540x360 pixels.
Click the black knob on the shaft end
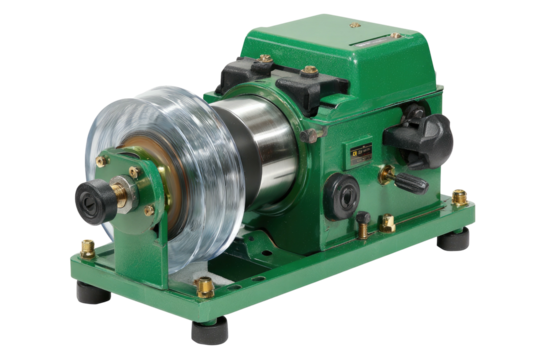[x=91, y=195]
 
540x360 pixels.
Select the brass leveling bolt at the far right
[x=459, y=197]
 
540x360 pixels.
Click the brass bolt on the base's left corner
[x=88, y=247]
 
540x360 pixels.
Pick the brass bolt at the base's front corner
[x=205, y=290]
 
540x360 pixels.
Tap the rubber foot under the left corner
[x=89, y=294]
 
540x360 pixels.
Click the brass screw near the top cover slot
[x=396, y=36]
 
